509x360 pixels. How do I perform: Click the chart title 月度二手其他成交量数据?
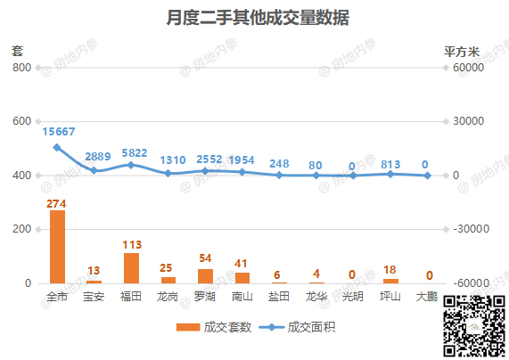point(258,18)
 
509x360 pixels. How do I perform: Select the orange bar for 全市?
point(57,247)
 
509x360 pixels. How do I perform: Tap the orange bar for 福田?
point(131,268)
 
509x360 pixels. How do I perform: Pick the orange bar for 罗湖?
point(206,276)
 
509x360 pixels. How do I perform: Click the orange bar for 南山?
point(242,278)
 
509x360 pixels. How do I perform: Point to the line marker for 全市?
point(57,147)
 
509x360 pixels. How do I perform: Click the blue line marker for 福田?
point(131,165)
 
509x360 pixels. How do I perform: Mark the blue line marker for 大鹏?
point(428,176)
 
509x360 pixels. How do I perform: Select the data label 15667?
point(59,132)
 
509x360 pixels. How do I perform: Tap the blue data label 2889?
point(98,157)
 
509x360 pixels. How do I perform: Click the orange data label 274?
point(56,203)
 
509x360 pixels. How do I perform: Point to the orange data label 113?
point(132,244)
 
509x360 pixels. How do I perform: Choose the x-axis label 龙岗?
point(168,297)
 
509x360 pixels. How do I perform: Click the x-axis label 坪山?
point(390,297)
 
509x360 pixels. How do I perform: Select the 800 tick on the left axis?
point(21,68)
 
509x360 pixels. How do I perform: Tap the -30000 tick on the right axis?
point(471,229)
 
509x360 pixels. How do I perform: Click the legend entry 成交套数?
point(214,327)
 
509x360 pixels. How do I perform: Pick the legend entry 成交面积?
point(298,327)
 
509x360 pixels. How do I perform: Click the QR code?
point(474,326)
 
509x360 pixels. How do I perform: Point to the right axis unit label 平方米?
point(462,52)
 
